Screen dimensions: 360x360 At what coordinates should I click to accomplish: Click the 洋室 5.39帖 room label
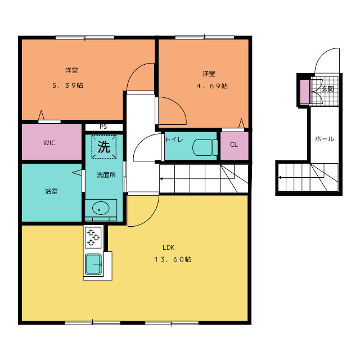pos(71,71)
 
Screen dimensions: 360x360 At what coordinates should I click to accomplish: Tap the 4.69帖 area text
pos(212,86)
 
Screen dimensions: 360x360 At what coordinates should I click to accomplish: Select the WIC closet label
pos(49,142)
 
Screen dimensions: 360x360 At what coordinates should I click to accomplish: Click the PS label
pos(103,127)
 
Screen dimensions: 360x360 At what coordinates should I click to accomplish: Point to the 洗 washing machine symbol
pos(103,147)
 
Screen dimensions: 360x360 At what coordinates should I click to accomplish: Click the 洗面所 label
pos(106,175)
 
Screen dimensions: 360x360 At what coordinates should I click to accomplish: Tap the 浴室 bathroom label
pos(51,192)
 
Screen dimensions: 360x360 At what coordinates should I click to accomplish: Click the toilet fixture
pos(205,147)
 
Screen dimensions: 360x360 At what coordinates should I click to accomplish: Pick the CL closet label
pos(233,145)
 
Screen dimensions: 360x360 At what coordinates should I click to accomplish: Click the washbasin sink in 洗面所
pos(101,208)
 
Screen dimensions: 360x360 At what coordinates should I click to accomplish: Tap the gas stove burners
pos(92,237)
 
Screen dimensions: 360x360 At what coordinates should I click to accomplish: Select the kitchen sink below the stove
pos(93,264)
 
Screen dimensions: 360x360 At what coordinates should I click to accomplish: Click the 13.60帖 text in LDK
pos(173,259)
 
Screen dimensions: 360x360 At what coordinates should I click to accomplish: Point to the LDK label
pos(169,247)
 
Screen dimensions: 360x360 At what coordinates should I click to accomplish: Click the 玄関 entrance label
pos(328,89)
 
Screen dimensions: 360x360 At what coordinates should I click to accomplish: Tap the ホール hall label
pos(324,138)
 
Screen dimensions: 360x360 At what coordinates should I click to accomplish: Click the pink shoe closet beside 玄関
pos(304,92)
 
